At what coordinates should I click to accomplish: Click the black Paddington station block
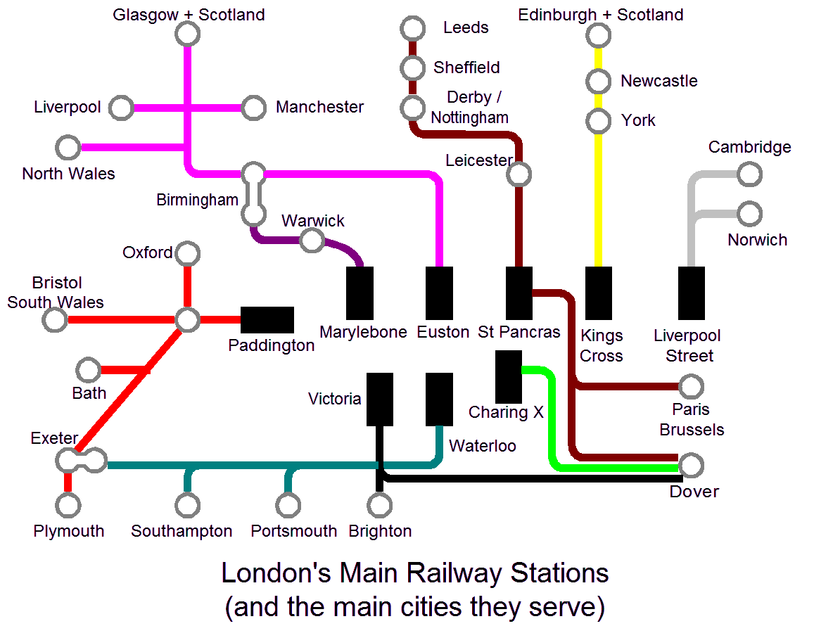(267, 320)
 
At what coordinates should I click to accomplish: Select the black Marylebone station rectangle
(360, 293)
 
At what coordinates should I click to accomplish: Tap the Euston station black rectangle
(440, 293)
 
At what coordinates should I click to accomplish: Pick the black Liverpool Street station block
(692, 293)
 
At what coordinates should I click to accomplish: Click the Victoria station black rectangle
(380, 400)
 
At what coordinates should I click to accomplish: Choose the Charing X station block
(508, 377)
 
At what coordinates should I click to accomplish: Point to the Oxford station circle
(187, 253)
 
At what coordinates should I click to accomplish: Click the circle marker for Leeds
(412, 29)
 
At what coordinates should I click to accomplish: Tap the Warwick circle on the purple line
(311, 241)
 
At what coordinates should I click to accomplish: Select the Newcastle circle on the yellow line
(599, 82)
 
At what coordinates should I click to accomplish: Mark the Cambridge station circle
(749, 174)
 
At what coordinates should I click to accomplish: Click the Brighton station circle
(380, 504)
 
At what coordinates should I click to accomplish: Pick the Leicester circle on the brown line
(519, 174)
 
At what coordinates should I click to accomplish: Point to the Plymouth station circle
(68, 504)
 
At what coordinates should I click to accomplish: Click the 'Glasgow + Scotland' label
(189, 15)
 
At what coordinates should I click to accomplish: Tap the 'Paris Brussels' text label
(692, 419)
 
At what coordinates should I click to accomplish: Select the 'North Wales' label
(68, 174)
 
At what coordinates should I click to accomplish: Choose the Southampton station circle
(187, 504)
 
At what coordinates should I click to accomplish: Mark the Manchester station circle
(253, 108)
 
